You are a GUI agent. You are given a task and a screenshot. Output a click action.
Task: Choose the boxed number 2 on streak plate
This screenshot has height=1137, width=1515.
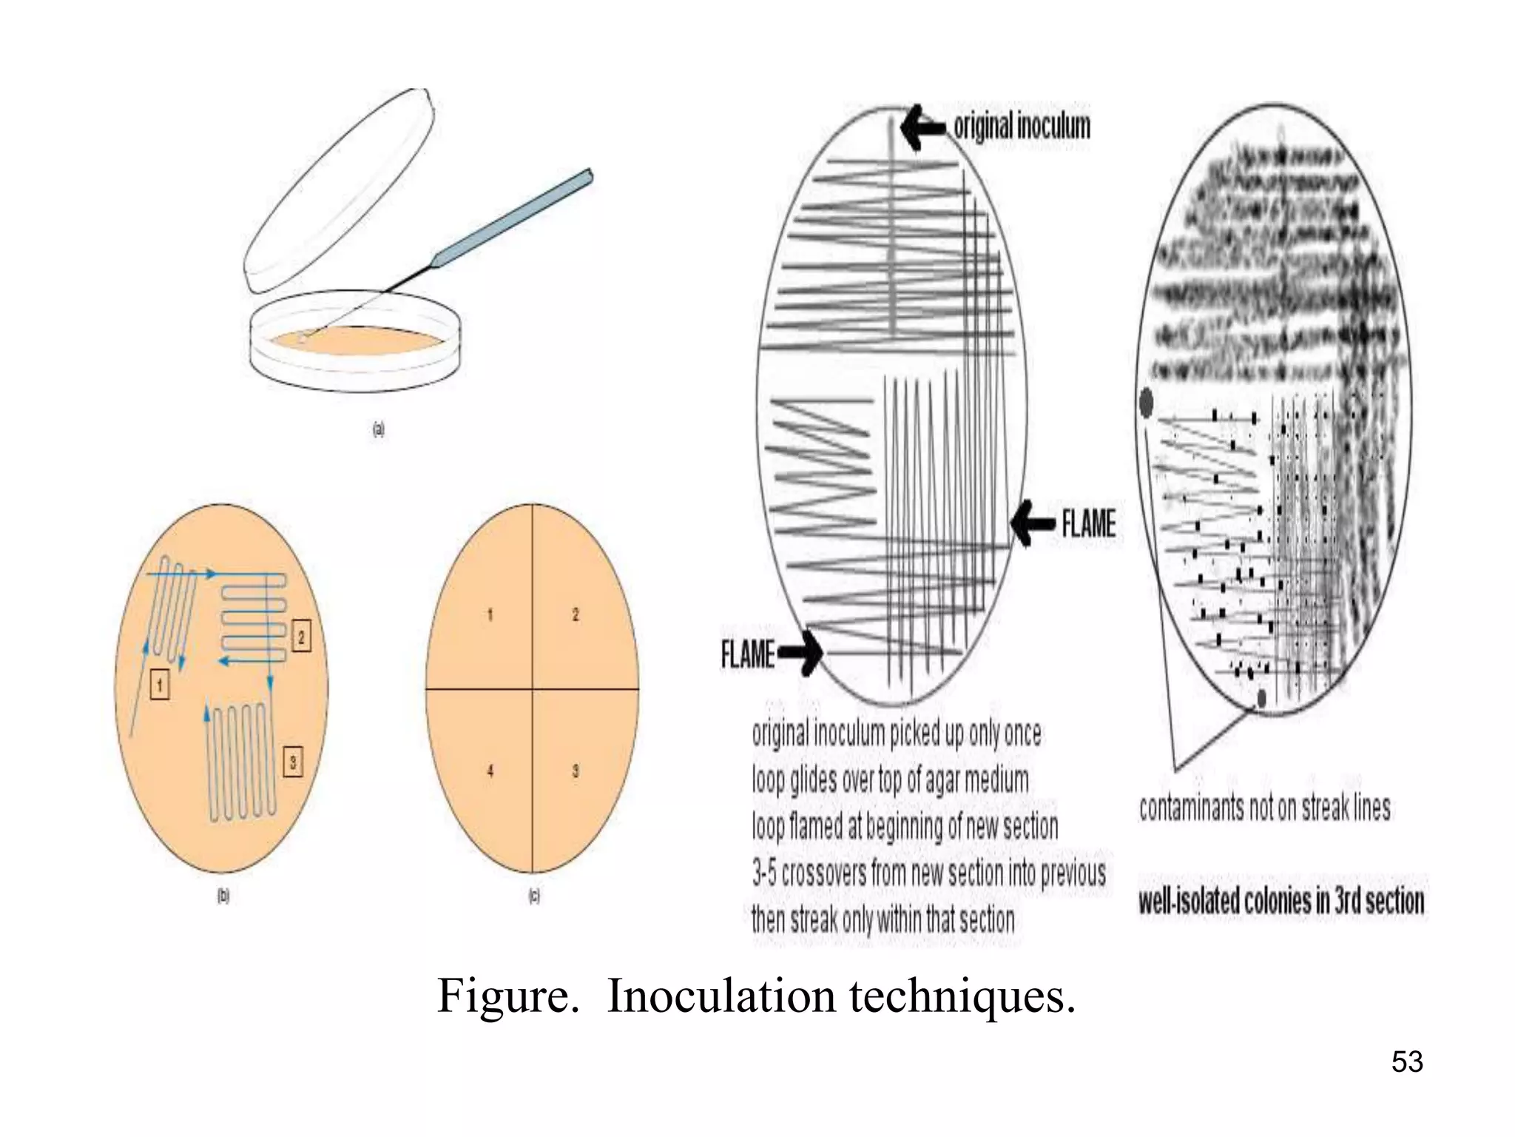301,635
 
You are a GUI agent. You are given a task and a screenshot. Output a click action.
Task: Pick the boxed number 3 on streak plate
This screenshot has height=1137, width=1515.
293,761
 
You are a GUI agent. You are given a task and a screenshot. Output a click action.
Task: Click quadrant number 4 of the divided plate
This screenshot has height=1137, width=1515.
490,771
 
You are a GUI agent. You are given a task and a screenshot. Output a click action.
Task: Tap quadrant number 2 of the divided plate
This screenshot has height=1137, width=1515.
576,614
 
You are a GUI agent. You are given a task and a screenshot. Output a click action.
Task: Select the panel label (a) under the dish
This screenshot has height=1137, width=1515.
378,429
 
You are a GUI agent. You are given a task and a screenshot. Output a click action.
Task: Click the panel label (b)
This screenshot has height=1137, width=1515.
223,896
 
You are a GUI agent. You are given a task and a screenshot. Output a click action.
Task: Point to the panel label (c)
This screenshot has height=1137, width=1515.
533,896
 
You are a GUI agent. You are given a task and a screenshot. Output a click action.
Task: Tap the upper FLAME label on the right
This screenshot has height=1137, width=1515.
1088,524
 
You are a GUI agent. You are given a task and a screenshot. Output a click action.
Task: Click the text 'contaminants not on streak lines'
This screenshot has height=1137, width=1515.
1264,808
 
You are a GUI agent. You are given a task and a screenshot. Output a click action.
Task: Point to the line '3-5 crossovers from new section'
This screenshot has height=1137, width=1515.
928,873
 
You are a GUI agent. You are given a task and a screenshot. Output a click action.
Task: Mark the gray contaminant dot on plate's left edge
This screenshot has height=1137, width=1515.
1146,402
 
